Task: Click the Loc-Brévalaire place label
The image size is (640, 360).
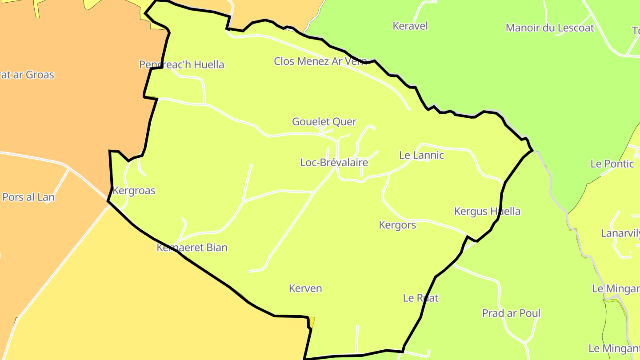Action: (334, 163)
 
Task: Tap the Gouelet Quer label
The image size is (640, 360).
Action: (324, 122)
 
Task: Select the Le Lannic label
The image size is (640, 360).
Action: (421, 156)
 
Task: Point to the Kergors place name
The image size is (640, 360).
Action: (397, 225)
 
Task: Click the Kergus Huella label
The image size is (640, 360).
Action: (487, 211)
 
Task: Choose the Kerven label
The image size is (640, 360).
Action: (305, 288)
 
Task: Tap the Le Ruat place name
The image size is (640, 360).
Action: (420, 298)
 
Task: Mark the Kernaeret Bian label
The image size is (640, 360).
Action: (192, 248)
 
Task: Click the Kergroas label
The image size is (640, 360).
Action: (134, 191)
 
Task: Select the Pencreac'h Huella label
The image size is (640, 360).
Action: (181, 65)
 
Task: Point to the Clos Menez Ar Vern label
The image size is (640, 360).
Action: (320, 61)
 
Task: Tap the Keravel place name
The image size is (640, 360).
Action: (410, 26)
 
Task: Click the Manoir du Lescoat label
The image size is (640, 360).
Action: (550, 28)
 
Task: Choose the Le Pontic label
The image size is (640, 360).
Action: (612, 164)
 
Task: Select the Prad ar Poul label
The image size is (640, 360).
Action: (511, 313)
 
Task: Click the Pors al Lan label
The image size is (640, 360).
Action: (28, 197)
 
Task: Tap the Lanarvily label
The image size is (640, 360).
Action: (620, 233)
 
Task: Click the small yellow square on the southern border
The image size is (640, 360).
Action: (312, 322)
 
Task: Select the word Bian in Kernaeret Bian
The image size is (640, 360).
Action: (217, 248)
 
